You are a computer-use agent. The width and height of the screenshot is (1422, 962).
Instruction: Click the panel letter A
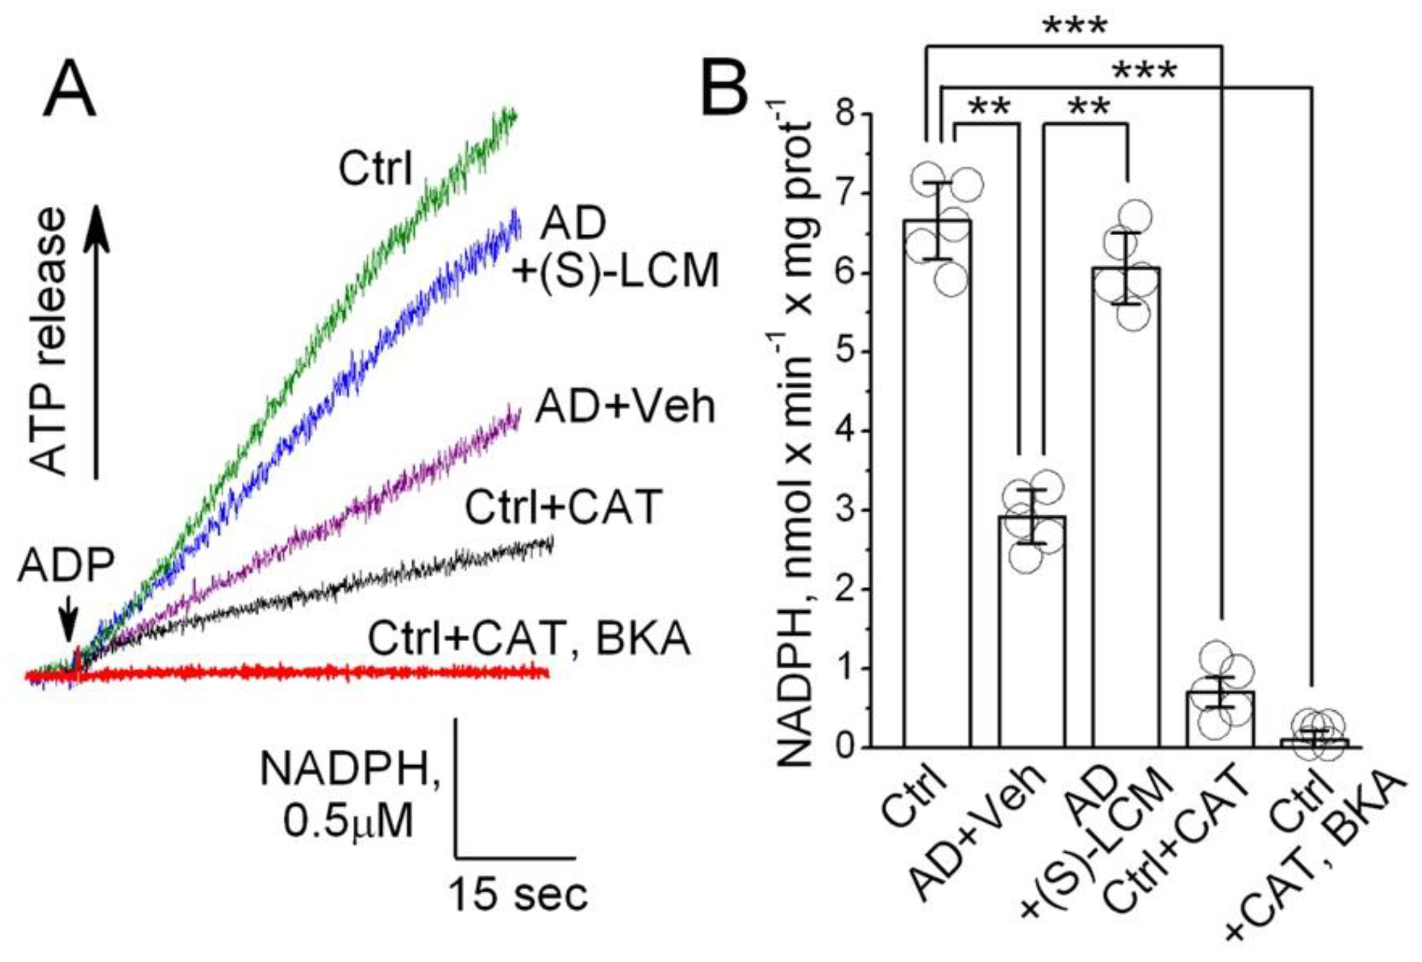click(69, 90)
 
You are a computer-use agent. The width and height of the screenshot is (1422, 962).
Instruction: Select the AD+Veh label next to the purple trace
click(625, 408)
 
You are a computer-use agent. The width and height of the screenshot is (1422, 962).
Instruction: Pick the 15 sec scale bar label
click(519, 895)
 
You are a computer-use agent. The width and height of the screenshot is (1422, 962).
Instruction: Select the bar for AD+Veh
click(1032, 630)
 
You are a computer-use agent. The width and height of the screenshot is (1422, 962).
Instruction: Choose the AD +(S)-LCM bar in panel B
click(1126, 508)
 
